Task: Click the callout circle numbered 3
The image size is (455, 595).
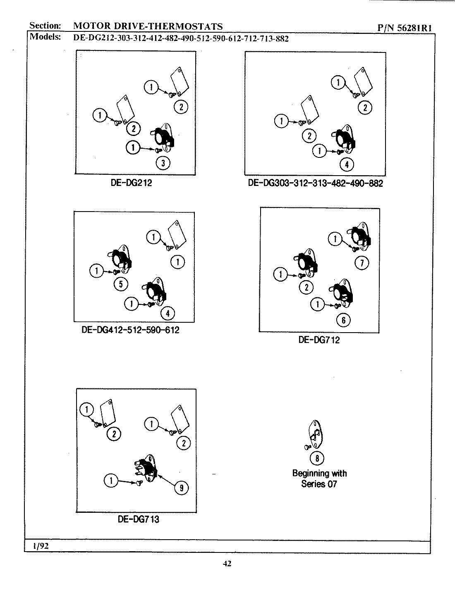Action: click(x=163, y=163)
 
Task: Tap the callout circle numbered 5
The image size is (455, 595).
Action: click(x=121, y=284)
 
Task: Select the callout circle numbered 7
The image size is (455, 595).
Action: click(x=362, y=263)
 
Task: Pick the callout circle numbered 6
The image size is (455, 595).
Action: click(x=343, y=319)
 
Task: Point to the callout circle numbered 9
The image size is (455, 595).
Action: click(x=181, y=488)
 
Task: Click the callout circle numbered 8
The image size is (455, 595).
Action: click(x=317, y=458)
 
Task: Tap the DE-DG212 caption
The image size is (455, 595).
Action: click(x=131, y=183)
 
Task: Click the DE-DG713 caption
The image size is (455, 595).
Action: click(x=138, y=519)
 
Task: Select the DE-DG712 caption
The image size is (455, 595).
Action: click(x=319, y=340)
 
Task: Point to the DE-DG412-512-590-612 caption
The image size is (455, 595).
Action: click(x=130, y=330)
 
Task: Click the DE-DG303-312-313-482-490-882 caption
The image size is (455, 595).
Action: click(x=315, y=183)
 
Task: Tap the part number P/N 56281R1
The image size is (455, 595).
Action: click(x=405, y=28)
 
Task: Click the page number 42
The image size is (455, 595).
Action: click(x=227, y=563)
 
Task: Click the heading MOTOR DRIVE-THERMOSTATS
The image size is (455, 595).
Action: click(x=148, y=26)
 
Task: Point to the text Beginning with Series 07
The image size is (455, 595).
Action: click(x=319, y=478)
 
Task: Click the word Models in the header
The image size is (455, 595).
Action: click(x=45, y=37)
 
